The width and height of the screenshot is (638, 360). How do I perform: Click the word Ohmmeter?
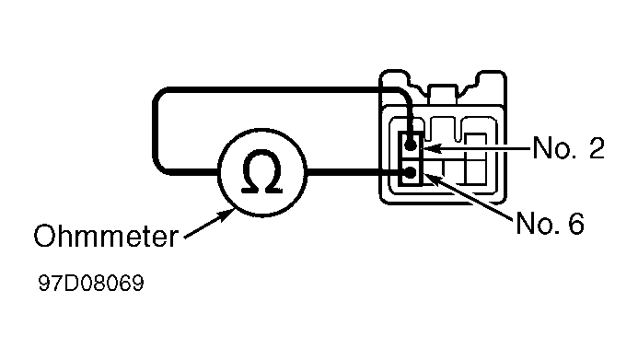click(x=106, y=236)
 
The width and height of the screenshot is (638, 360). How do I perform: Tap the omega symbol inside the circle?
click(x=262, y=171)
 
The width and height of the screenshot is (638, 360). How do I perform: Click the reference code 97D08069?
click(x=91, y=283)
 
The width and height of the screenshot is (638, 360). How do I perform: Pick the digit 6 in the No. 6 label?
click(x=575, y=223)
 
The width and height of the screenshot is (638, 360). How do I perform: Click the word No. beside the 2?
click(x=552, y=147)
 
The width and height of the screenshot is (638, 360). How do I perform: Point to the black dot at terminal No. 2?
click(x=411, y=144)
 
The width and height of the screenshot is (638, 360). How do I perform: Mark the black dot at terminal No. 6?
click(x=411, y=173)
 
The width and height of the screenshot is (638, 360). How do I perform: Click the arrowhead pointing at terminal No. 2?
click(x=431, y=148)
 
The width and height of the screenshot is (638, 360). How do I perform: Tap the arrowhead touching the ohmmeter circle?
click(x=227, y=215)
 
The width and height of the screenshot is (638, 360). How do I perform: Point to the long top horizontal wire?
click(x=281, y=90)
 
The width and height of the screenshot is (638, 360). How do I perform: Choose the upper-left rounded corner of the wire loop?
click(x=159, y=97)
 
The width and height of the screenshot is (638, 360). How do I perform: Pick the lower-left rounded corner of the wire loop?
click(x=159, y=168)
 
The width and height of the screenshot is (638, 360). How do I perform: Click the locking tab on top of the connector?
click(x=443, y=94)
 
